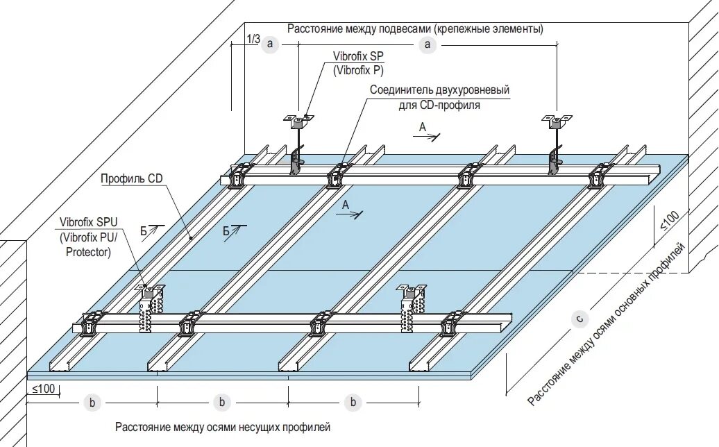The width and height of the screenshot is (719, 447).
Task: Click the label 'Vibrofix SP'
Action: tap(358, 56)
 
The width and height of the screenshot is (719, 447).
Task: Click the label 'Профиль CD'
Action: tap(131, 178)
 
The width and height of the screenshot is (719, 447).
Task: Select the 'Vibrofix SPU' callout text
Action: tap(88, 222)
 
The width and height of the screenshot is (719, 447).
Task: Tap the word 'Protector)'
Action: tap(88, 252)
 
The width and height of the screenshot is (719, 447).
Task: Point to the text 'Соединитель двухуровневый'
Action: tap(439, 90)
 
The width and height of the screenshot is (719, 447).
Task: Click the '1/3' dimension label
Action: tap(253, 40)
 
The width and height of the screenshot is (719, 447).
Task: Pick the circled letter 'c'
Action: tap(580, 319)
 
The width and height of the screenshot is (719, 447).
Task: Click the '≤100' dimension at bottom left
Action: tap(43, 389)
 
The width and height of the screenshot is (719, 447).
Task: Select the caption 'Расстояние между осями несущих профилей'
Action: tap(223, 426)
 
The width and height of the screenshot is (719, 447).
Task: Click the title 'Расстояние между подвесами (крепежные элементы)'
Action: tap(415, 29)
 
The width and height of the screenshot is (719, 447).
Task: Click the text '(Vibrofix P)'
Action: tap(358, 70)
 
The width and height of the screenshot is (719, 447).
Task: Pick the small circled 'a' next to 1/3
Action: tap(271, 44)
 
